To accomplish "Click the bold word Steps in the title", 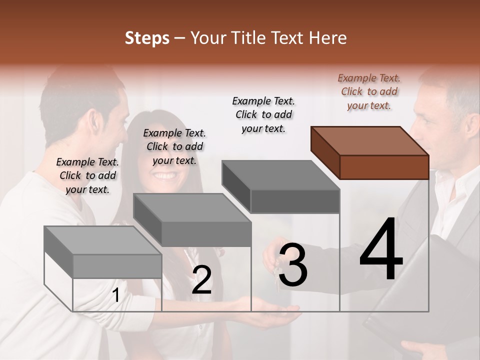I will (147, 38).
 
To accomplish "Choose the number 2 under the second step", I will (201, 280).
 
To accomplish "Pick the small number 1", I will (115, 295).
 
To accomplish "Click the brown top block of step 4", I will (370, 152).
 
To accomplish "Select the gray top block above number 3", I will (281, 186).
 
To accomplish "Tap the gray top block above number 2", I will (192, 219).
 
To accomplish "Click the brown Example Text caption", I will (369, 91).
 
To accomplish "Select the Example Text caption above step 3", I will (263, 114).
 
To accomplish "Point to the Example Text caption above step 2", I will (174, 146).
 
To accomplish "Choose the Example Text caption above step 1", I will (87, 175).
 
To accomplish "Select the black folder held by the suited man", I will (425, 290).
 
